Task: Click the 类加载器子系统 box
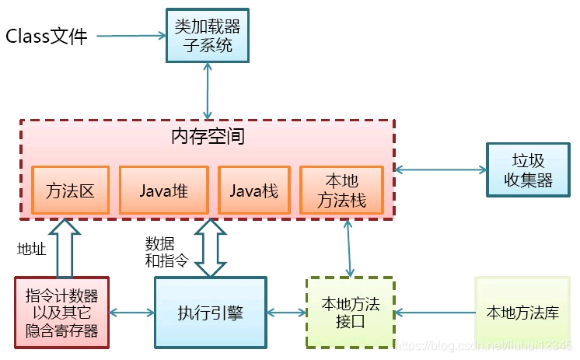(208, 35)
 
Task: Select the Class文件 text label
(47, 37)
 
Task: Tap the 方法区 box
(71, 190)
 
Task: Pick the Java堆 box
(164, 190)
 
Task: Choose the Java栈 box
(253, 190)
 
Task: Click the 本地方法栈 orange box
(342, 190)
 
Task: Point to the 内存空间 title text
(208, 137)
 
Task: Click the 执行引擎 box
(210, 313)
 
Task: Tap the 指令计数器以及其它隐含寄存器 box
(61, 313)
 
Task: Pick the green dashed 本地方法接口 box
(350, 313)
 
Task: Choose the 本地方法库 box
(522, 313)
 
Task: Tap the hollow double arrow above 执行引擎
(210, 247)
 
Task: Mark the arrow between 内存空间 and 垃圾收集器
(440, 169)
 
